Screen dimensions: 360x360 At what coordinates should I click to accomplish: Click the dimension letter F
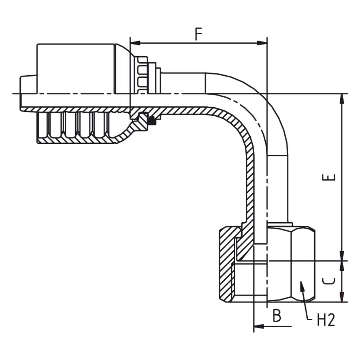[x=199, y=34]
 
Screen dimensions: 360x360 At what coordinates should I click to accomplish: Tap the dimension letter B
[x=277, y=316]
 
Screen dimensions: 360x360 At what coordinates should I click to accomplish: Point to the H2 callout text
[x=326, y=320]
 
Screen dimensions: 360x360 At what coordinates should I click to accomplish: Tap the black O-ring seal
[x=152, y=121]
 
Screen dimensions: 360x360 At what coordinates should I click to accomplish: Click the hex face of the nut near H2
[x=303, y=264]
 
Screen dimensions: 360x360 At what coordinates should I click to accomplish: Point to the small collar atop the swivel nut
[x=279, y=224]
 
